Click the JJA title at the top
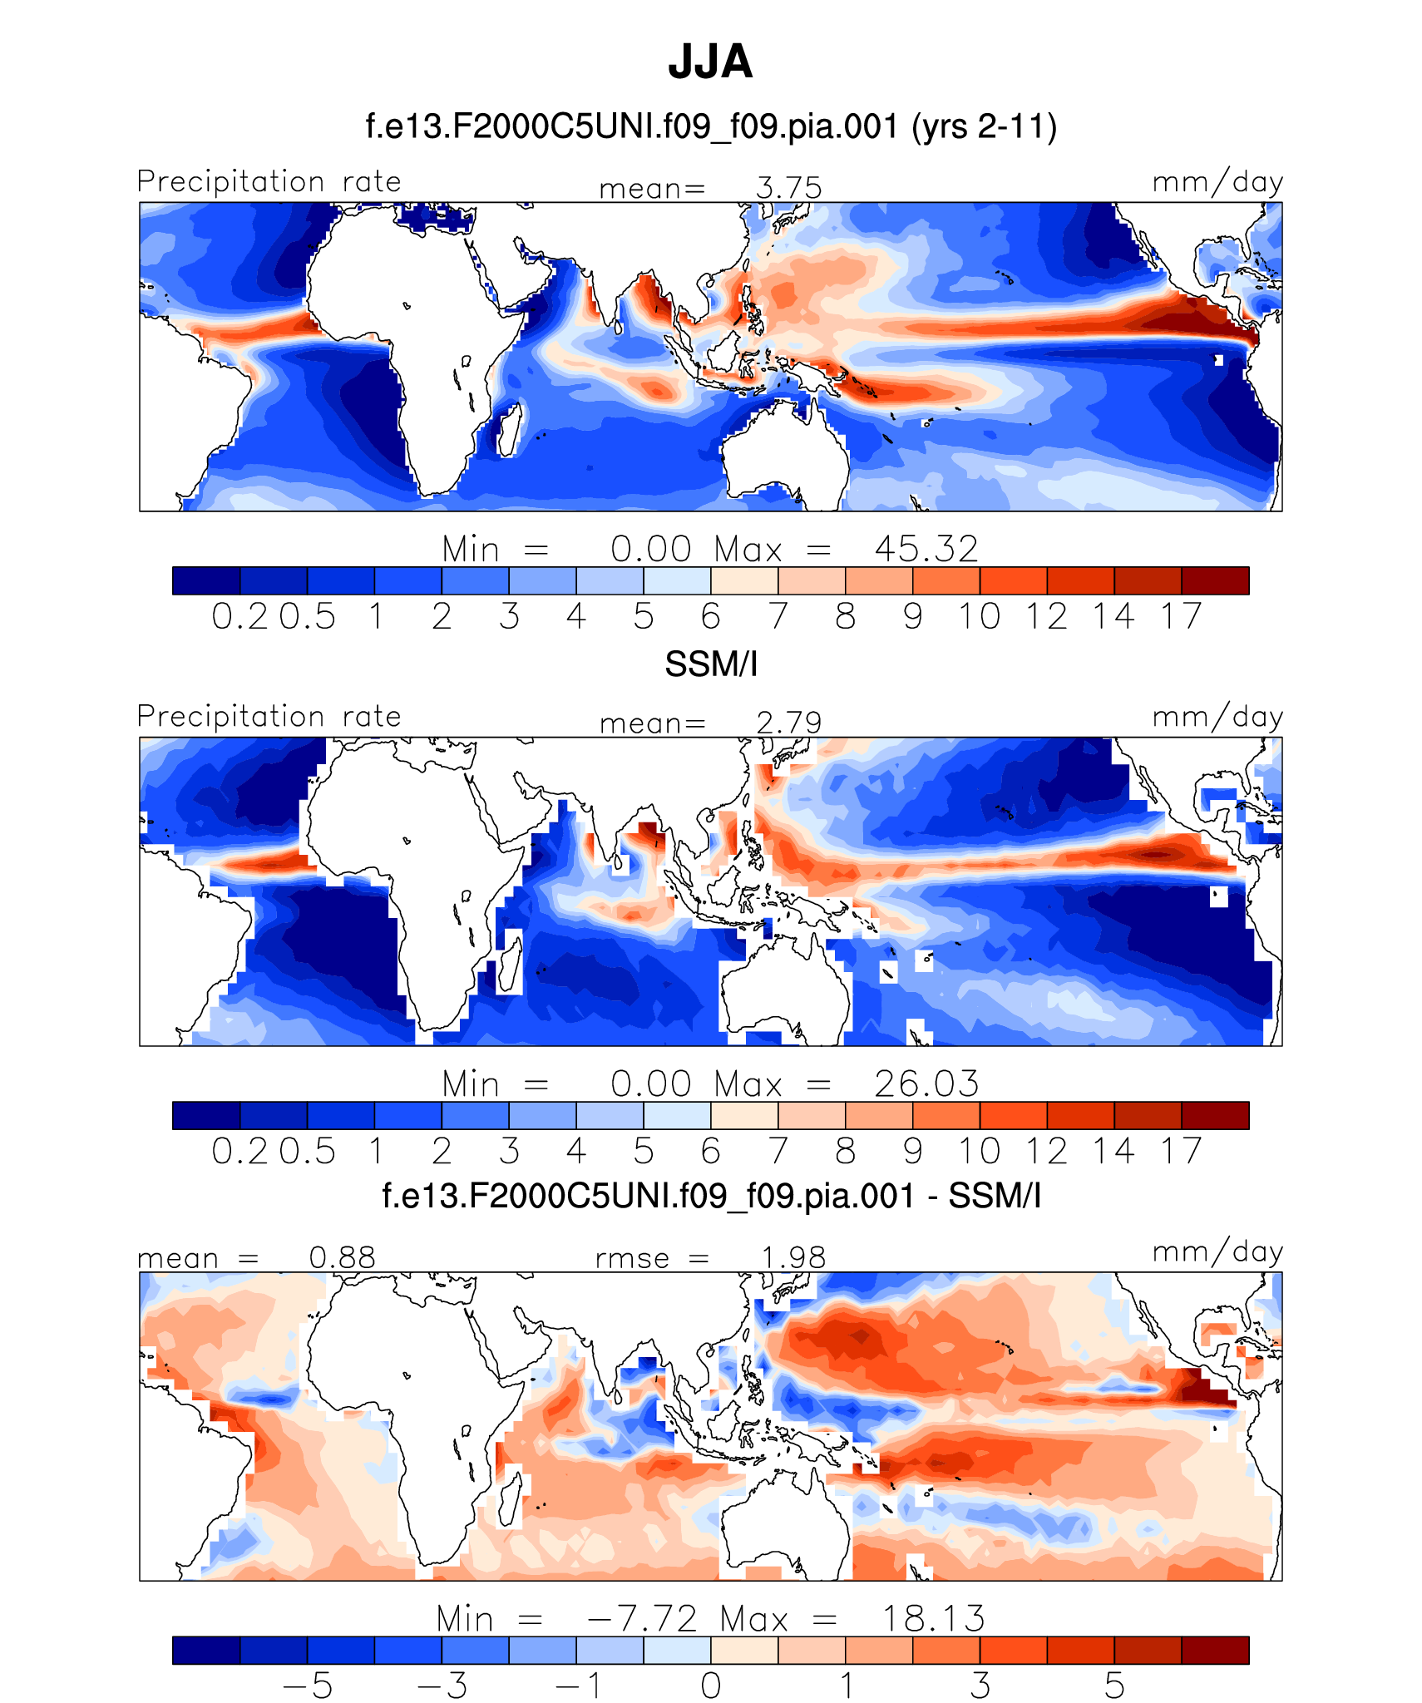pos(710,62)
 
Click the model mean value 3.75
pos(788,188)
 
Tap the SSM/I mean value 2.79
pos(788,723)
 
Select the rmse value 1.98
pos(793,1257)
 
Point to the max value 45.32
pos(926,550)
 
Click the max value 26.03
pos(926,1084)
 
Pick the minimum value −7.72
pos(641,1619)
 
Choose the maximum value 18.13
pos(932,1619)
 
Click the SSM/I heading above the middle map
pos(711,664)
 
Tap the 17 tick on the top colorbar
pos(1181,617)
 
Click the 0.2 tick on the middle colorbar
pos(239,1152)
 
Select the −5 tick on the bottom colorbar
pos(308,1686)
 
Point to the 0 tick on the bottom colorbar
pos(710,1686)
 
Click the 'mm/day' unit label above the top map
pos(1217,182)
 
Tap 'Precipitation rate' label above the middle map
pos(269,717)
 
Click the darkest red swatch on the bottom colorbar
pos(1215,1650)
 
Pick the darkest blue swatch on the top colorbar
pos(206,580)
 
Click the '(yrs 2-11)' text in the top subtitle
pos(984,127)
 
